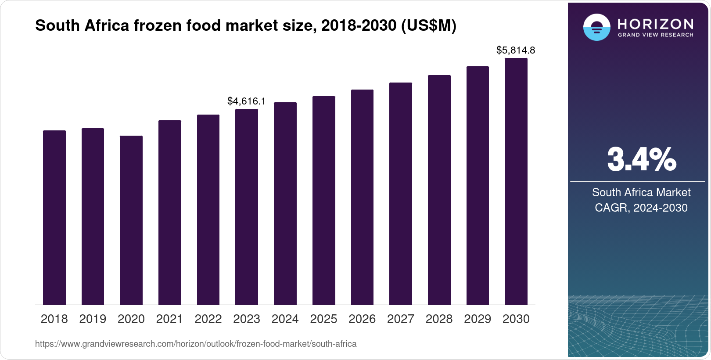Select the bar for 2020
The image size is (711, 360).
(x=131, y=220)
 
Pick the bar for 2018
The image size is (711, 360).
(x=54, y=217)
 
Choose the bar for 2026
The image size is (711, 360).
(x=362, y=197)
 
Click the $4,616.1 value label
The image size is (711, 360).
(x=246, y=101)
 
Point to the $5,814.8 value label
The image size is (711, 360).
(x=516, y=50)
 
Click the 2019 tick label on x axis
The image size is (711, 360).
(x=93, y=319)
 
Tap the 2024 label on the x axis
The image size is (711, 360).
(x=285, y=319)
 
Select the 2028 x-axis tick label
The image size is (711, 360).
(x=439, y=319)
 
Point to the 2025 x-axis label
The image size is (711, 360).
(x=323, y=319)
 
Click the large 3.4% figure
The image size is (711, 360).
(x=641, y=159)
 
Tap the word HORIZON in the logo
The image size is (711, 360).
(x=655, y=24)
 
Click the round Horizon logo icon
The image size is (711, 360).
(x=596, y=27)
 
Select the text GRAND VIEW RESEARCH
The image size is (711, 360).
(x=655, y=35)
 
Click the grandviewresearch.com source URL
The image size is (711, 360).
(x=196, y=344)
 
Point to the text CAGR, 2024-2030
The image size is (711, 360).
(x=641, y=208)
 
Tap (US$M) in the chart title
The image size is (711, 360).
(x=429, y=26)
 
